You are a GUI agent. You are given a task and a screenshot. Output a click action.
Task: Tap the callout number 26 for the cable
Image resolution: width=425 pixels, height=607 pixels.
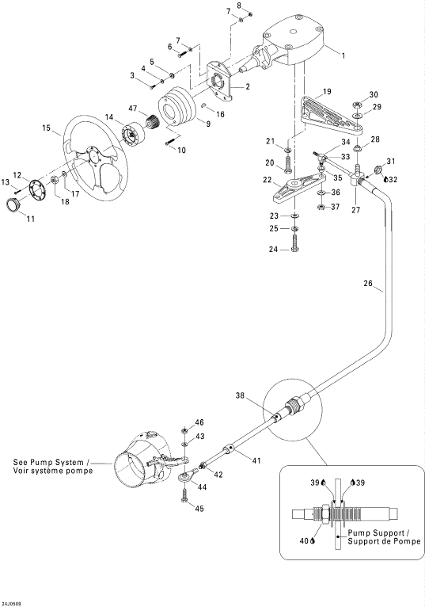[x=368, y=284]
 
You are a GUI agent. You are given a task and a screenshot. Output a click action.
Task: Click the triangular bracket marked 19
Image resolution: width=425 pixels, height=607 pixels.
[x=332, y=115]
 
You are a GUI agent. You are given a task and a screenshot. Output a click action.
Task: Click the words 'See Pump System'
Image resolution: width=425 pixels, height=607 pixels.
[x=48, y=462]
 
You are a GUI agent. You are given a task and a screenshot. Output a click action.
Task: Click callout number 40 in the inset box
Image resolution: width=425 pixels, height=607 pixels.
[x=304, y=540]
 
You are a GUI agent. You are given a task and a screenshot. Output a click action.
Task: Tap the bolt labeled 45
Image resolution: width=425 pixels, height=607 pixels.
[x=184, y=495]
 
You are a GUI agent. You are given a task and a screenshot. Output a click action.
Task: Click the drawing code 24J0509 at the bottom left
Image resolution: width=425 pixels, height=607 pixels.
[x=11, y=604]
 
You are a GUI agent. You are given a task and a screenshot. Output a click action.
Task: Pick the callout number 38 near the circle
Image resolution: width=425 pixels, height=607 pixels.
[x=241, y=395]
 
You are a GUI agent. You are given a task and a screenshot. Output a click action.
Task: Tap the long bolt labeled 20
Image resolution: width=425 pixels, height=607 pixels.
[x=288, y=166]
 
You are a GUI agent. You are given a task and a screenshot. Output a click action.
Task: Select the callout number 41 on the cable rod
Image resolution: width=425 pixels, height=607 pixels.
[x=256, y=460]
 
